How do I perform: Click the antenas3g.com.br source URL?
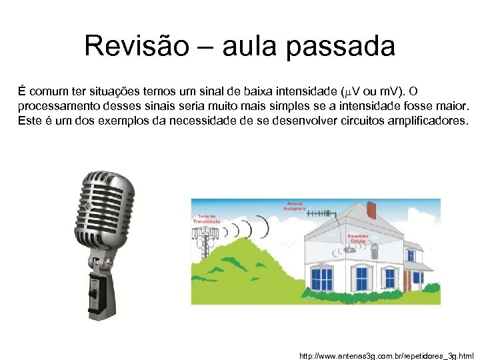387,356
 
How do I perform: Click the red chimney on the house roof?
371,210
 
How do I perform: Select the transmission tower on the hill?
206,237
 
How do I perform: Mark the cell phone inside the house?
374,252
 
